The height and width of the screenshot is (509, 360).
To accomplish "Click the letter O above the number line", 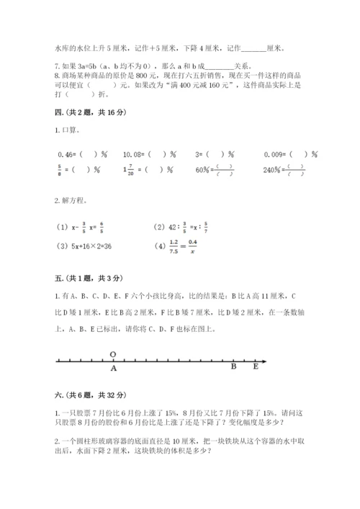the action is click(113, 353).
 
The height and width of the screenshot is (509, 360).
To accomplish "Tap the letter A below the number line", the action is click(113, 368).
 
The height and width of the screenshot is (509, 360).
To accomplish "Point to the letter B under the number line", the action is click(233, 367).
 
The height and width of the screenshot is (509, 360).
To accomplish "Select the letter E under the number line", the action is click(255, 367).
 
